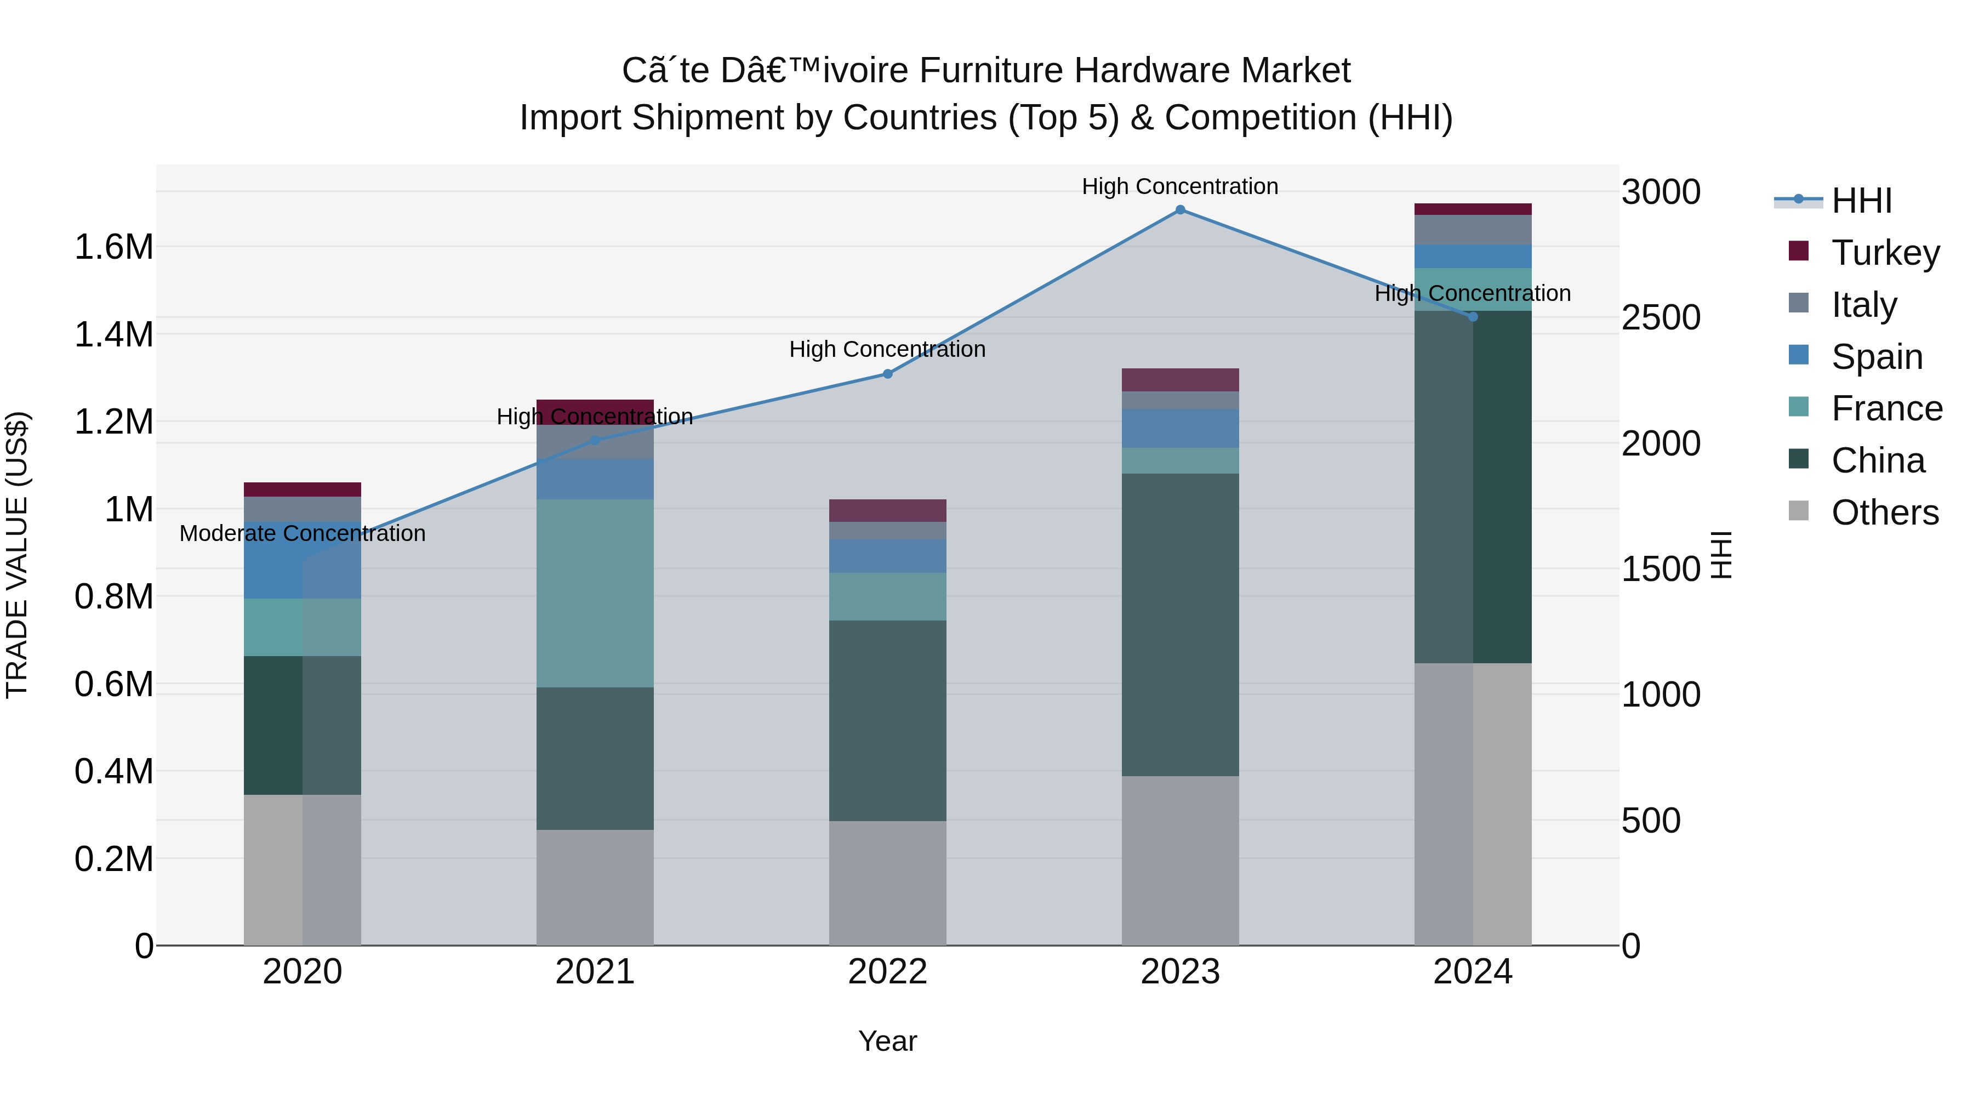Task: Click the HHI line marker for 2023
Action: (x=1181, y=210)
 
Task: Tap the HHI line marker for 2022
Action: (x=888, y=374)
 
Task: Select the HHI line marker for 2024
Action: (x=1473, y=316)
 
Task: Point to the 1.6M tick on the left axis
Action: (x=113, y=247)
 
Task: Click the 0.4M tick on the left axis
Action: (x=113, y=771)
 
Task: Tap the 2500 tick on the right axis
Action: (x=1661, y=317)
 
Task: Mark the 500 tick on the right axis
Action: (x=1651, y=821)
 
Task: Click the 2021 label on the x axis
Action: (x=595, y=972)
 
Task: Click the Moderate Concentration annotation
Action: (x=303, y=533)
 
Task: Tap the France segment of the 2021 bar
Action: (x=595, y=594)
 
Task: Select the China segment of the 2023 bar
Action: (x=1181, y=624)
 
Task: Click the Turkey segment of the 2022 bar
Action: (x=888, y=510)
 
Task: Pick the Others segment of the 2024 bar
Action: (x=1473, y=804)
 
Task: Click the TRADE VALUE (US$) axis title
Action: (x=17, y=555)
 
